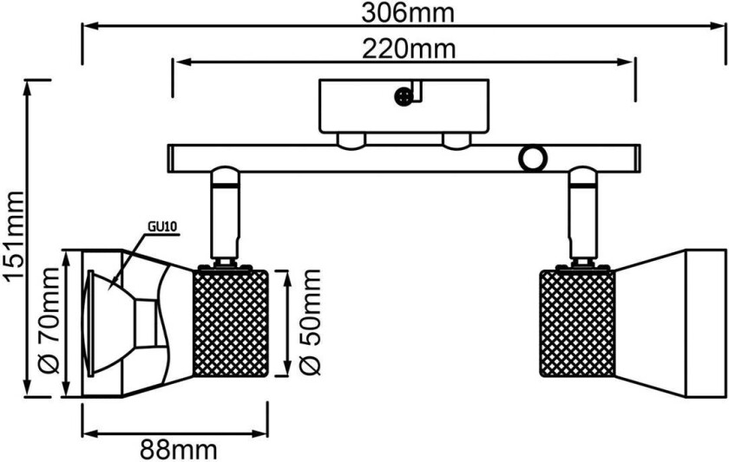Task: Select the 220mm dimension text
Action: tap(401, 49)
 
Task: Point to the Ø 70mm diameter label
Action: tap(49, 322)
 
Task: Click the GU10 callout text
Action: tap(161, 227)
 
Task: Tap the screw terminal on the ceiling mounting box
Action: tap(403, 97)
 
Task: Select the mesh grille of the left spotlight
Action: tap(229, 323)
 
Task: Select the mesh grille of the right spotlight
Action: tap(577, 323)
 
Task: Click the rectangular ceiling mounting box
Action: tap(404, 107)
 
